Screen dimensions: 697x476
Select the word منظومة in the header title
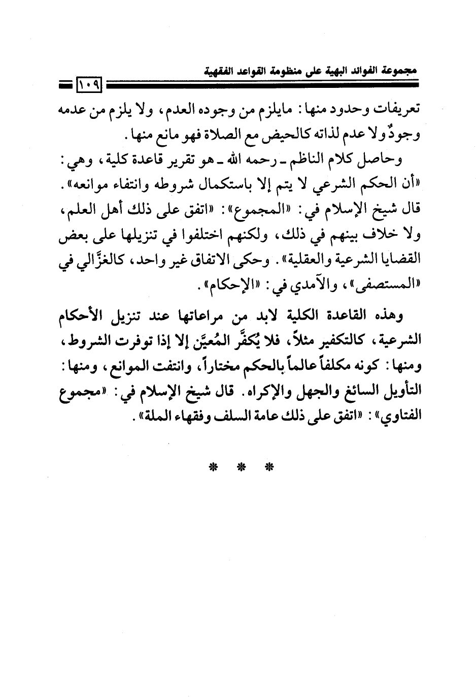point(306,70)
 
